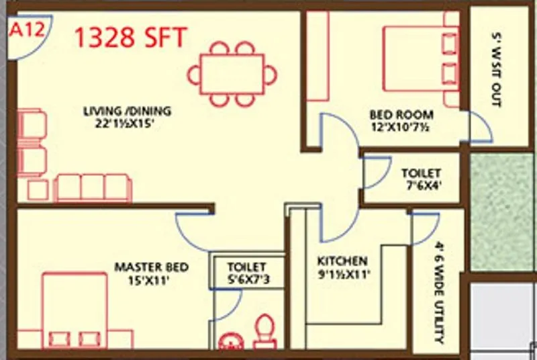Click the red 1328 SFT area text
tap(130, 38)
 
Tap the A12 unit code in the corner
tap(24, 31)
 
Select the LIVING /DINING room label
tap(127, 111)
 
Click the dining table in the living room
tap(232, 73)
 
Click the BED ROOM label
tap(401, 114)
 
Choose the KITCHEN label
tap(342, 261)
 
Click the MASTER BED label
tap(151, 267)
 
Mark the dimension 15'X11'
tap(151, 281)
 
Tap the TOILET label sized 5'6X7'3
tap(246, 267)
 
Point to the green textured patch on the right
tap(503, 212)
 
